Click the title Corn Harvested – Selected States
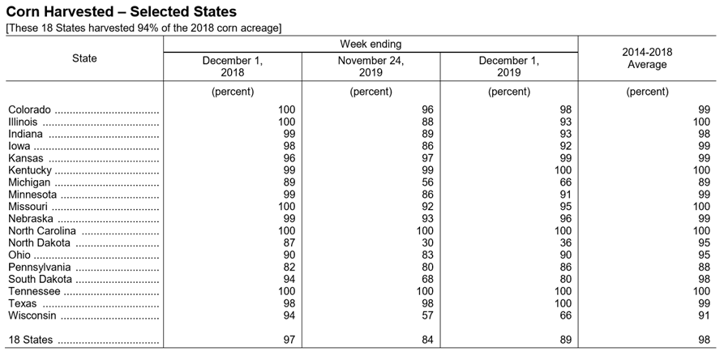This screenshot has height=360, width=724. (121, 11)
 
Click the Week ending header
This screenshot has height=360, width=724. (371, 44)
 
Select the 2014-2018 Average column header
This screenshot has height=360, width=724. (647, 58)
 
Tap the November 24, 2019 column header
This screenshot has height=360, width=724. (371, 66)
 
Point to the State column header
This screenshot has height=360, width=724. (84, 58)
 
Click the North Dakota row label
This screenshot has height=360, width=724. (39, 242)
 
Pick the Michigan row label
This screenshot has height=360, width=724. (29, 182)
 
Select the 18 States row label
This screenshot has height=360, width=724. (31, 341)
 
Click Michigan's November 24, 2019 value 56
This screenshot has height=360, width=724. (427, 182)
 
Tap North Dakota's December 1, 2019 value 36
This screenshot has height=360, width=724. (566, 242)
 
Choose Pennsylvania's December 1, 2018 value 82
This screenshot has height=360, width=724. (289, 268)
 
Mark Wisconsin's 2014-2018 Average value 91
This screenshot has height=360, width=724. (705, 315)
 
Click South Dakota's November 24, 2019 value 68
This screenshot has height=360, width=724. (427, 279)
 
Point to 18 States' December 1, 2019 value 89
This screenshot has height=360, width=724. (566, 341)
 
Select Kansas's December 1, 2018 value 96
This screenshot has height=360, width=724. (289, 158)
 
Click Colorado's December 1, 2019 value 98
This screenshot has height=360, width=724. (566, 109)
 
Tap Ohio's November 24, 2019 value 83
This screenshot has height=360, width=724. (427, 255)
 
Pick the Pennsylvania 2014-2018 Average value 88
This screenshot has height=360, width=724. (705, 268)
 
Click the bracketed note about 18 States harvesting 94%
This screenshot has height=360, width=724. (144, 28)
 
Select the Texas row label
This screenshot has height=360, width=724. (22, 304)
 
